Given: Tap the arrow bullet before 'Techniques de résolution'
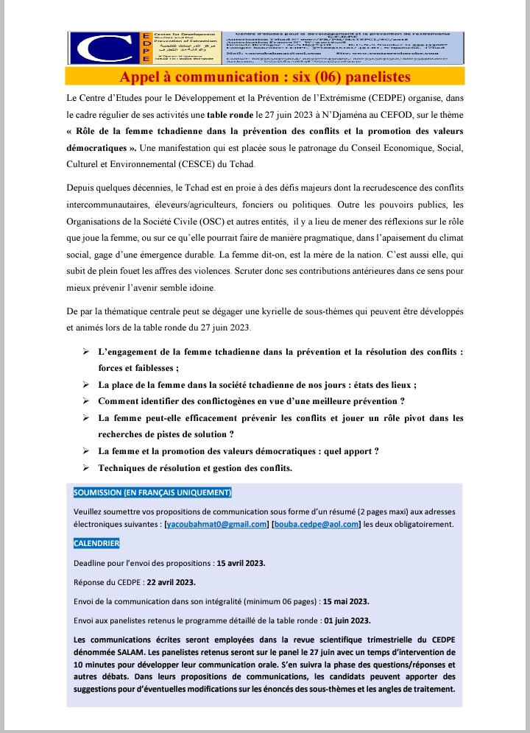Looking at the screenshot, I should point(86,468).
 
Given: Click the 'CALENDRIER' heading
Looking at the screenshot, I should point(96,544).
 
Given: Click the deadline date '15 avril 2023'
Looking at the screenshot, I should point(239,563).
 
